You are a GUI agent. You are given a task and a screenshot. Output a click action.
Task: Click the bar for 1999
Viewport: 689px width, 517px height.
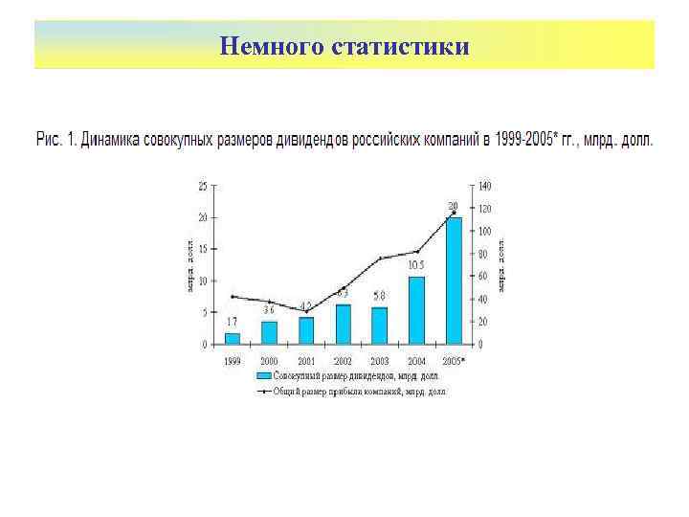click(233, 338)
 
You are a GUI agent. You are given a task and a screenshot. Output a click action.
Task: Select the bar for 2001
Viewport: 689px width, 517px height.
click(306, 330)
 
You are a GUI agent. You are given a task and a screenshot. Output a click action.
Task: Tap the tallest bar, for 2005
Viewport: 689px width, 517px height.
click(454, 281)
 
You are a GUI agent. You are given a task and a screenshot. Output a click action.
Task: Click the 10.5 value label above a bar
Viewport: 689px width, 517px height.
click(416, 265)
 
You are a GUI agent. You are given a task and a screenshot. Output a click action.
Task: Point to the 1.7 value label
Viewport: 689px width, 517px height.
click(232, 322)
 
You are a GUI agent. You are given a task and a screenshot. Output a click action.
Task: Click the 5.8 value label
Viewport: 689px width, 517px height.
click(380, 295)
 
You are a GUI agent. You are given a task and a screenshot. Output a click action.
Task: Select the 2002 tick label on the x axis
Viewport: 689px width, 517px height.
click(343, 361)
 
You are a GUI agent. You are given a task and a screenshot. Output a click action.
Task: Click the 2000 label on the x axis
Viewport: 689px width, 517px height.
click(269, 361)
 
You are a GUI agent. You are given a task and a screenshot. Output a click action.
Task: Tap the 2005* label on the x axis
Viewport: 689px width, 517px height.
click(455, 361)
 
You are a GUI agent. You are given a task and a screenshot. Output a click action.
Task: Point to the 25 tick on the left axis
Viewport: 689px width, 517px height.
click(201, 185)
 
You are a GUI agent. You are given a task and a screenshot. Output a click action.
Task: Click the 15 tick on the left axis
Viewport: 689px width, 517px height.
click(201, 249)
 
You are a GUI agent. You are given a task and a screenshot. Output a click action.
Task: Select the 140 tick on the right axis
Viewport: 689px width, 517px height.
click(485, 185)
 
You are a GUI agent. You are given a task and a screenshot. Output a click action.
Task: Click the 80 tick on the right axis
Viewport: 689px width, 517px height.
click(484, 254)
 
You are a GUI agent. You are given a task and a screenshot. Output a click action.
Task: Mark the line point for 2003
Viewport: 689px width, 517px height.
click(380, 258)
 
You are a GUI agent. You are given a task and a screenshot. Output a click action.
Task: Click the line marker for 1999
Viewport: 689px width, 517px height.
click(233, 296)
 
